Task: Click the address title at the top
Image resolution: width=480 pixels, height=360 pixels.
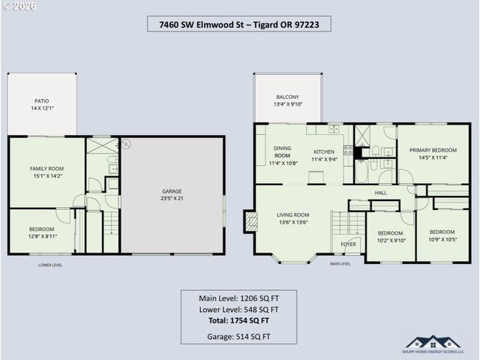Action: click(239, 24)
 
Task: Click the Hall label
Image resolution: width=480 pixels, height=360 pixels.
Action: click(381, 193)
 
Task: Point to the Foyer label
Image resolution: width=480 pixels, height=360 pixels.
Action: click(348, 244)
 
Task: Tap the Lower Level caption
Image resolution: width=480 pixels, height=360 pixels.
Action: click(51, 265)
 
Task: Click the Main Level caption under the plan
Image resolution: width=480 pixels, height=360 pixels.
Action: click(340, 263)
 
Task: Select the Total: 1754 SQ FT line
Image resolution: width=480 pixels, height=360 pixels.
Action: click(238, 320)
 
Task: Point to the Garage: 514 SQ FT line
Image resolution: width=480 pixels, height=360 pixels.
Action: click(238, 337)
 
